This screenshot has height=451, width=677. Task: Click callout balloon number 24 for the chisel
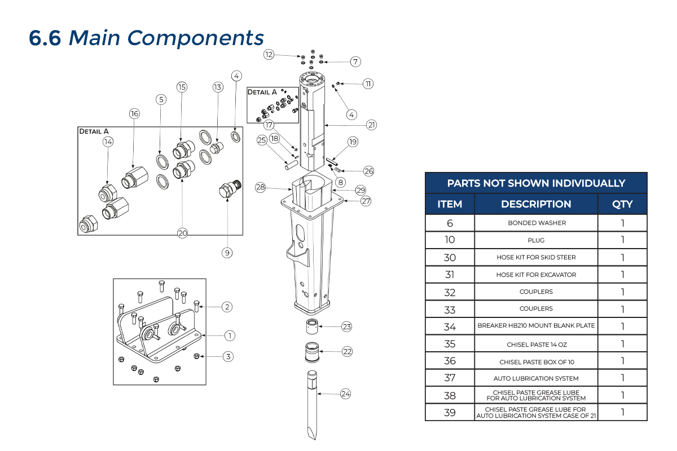(x=345, y=394)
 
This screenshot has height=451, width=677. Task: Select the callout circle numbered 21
(x=371, y=125)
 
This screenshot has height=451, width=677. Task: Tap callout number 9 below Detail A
(x=227, y=253)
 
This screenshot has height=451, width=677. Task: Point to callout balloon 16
(x=134, y=113)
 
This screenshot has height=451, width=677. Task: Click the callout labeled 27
(x=366, y=201)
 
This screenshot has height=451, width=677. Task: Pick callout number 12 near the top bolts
(x=269, y=54)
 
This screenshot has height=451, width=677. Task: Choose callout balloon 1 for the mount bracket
(x=230, y=335)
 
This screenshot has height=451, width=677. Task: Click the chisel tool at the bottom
(x=312, y=405)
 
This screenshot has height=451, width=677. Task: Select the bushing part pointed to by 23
(x=312, y=326)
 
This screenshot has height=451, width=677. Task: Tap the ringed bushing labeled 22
(x=312, y=352)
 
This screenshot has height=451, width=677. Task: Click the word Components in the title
(x=196, y=38)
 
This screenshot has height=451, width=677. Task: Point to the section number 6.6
(x=45, y=38)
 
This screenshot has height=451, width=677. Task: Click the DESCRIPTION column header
(x=536, y=204)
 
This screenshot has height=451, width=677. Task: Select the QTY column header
(x=622, y=204)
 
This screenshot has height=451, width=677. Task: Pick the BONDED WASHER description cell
(x=537, y=223)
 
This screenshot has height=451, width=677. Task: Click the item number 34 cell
(x=450, y=326)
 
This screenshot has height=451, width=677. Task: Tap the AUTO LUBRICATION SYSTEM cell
(x=536, y=378)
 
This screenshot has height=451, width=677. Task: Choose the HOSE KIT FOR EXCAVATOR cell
(x=536, y=275)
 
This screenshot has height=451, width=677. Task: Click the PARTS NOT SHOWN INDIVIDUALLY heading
(x=536, y=183)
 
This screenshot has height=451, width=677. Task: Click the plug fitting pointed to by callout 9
(x=230, y=189)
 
